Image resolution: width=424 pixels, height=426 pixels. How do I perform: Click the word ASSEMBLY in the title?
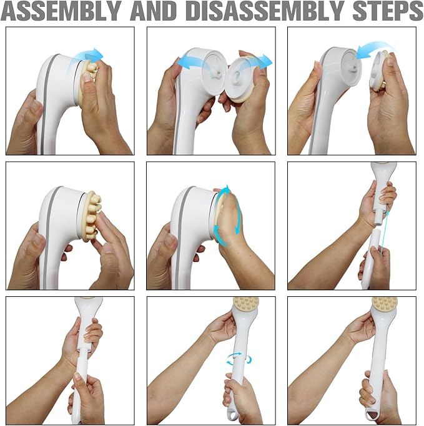[x=61, y=11]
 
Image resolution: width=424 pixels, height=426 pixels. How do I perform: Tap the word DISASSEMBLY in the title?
[x=265, y=11]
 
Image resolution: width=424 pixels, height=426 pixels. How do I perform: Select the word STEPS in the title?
[x=388, y=11]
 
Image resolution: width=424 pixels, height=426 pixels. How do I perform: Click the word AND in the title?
[x=154, y=11]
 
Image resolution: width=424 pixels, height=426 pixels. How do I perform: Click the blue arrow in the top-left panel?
[x=87, y=56]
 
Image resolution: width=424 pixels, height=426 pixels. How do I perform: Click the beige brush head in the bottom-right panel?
[x=385, y=304]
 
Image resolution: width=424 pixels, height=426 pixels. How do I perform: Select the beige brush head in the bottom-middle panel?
[x=247, y=304]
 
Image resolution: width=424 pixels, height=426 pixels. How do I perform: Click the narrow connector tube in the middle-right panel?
[x=378, y=216]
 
